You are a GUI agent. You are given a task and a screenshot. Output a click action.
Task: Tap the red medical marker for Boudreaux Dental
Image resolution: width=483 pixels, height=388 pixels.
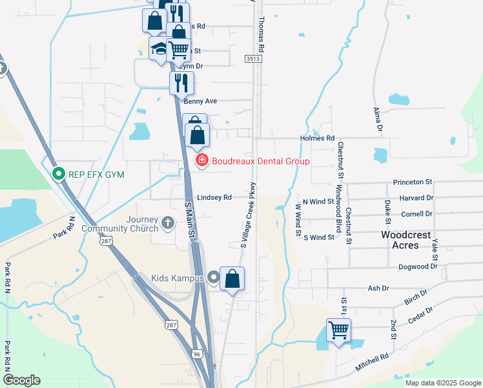tap(201, 160)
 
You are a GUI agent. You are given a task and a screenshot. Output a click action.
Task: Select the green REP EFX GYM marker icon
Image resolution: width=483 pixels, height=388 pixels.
tap(58, 173)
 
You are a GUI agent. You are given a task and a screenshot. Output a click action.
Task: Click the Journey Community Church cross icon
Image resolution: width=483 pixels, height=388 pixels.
tap(168, 224)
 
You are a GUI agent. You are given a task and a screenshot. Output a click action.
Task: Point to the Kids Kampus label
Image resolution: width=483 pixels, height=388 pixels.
tap(176, 278)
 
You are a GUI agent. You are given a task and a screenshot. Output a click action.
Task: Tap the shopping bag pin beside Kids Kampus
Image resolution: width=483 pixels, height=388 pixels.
tap(232, 279)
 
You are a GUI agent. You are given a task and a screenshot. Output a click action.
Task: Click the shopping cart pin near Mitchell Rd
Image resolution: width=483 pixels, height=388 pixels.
tap(338, 330)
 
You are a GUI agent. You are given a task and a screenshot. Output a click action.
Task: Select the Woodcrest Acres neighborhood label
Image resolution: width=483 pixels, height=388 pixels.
tap(406, 240)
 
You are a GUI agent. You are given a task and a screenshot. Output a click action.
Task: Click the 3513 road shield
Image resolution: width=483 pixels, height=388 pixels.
tap(254, 59)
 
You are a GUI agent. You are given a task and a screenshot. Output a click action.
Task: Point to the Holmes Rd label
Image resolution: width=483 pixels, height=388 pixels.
tap(317, 138)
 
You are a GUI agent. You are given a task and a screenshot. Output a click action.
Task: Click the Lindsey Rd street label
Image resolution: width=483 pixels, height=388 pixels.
tap(214, 197)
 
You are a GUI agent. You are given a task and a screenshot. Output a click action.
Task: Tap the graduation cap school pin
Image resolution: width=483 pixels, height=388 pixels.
tap(159, 49)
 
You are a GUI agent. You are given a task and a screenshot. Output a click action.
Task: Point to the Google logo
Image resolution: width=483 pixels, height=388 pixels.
tap(21, 380)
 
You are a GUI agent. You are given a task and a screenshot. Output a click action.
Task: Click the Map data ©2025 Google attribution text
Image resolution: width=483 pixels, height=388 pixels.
tap(443, 383)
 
